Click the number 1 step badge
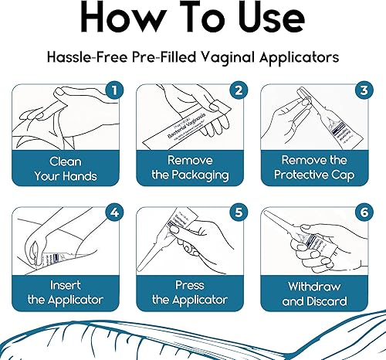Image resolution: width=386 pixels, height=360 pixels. pyautogui.click(x=114, y=90)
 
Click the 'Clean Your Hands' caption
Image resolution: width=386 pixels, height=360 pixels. pyautogui.click(x=66, y=170)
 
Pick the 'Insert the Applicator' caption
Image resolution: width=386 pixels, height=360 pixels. pyautogui.click(x=66, y=292)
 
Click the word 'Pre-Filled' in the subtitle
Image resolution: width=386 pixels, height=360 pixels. pyautogui.click(x=164, y=57)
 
